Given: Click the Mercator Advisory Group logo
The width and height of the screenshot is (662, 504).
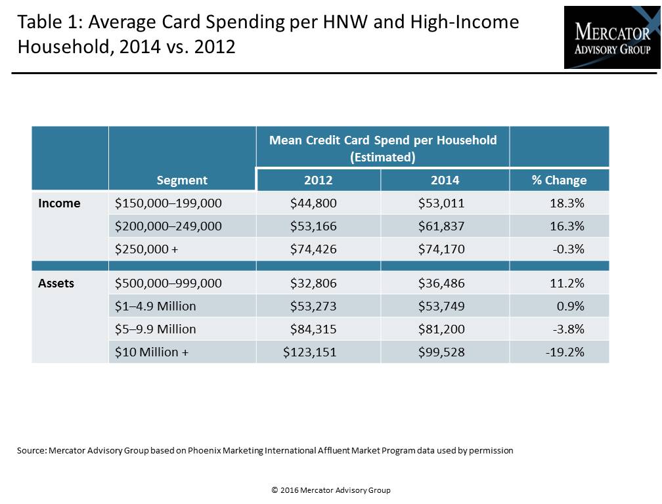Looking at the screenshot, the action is (x=612, y=37).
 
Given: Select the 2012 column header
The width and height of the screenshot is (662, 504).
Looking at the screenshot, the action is (x=319, y=180).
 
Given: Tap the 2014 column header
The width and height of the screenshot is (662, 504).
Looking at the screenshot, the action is (x=445, y=180).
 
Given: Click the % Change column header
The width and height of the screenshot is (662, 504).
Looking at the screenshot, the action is (x=559, y=180).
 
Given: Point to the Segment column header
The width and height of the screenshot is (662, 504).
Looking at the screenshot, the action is (x=182, y=180).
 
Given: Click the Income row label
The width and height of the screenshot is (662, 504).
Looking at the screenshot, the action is (x=59, y=203).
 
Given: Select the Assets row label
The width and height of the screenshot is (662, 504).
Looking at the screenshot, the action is (x=56, y=283).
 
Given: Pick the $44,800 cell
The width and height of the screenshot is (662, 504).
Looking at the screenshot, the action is (x=313, y=203).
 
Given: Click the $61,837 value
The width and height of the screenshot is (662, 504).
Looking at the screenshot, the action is (x=441, y=226).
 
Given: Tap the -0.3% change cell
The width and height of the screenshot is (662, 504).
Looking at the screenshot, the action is (x=568, y=249).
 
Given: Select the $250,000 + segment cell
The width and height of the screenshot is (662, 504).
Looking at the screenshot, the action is (x=146, y=249).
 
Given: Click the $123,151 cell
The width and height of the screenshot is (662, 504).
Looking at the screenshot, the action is (x=309, y=352).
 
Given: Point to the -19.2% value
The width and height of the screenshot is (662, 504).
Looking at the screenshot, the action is (x=565, y=352).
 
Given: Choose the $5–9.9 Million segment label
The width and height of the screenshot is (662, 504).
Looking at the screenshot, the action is (x=156, y=329).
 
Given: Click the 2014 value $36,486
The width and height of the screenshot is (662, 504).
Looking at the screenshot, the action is (x=441, y=283).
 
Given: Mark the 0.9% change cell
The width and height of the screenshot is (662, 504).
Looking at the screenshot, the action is (x=570, y=306).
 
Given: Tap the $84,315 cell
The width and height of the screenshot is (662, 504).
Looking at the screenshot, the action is (x=313, y=329).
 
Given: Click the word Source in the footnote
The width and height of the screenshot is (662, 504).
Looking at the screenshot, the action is (x=32, y=450).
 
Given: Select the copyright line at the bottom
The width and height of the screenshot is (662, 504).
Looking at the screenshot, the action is (x=330, y=490).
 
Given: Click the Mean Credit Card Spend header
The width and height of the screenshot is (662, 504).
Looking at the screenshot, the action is (x=383, y=148).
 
